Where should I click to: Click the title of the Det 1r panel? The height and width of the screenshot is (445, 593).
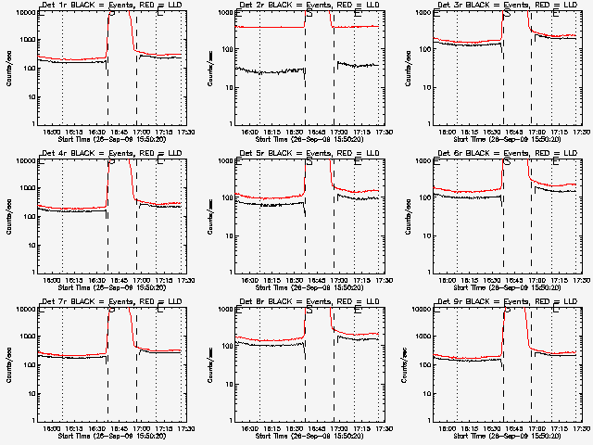[111, 6]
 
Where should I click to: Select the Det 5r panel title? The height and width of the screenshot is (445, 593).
[309, 154]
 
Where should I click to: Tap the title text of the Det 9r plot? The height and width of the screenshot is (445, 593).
[506, 302]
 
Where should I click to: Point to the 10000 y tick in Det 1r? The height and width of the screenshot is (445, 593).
[24, 11]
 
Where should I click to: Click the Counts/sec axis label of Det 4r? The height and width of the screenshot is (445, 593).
[7, 216]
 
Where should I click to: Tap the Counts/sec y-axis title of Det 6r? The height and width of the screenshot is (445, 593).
[404, 216]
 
